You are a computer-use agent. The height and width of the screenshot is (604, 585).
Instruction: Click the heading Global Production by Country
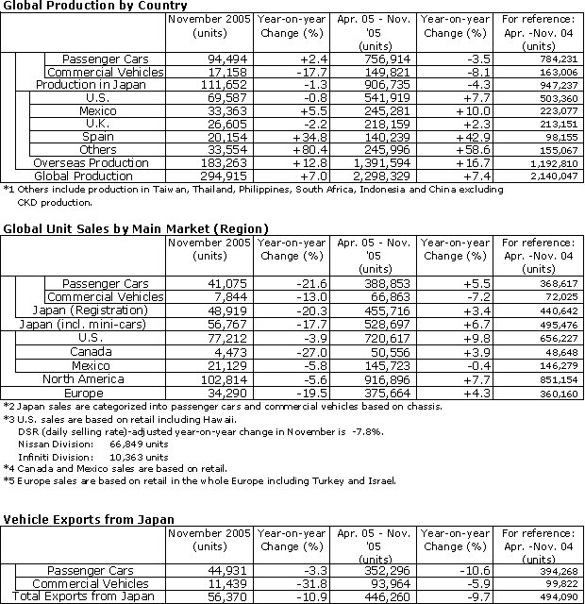click(82, 7)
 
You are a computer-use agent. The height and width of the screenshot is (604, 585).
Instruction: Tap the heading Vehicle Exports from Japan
click(92, 518)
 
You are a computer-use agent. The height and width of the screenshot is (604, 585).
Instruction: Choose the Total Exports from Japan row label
click(86, 596)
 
